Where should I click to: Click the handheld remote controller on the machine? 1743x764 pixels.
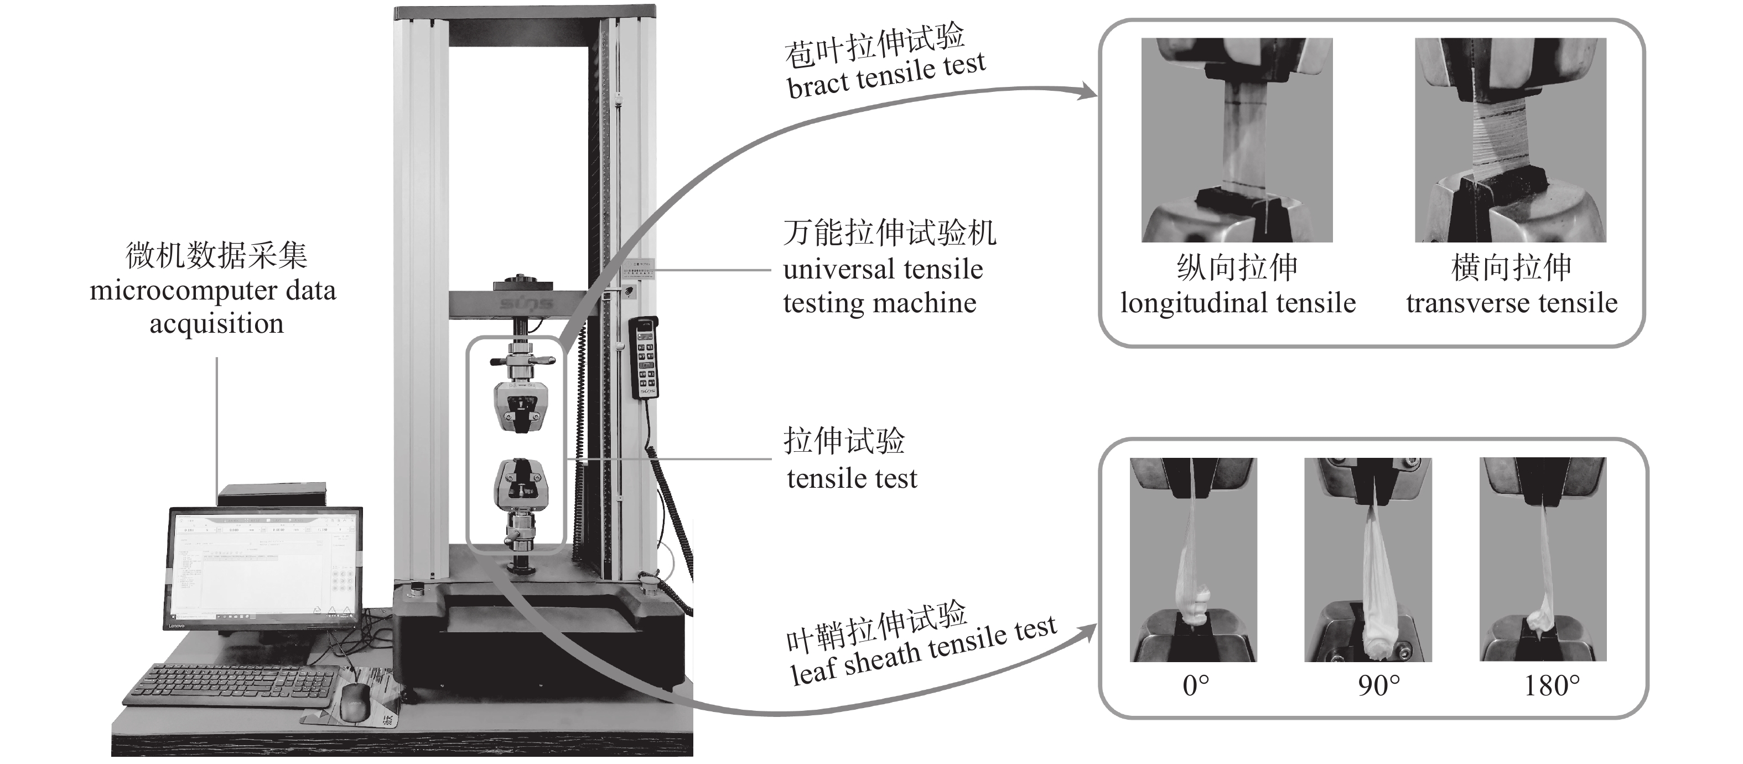[643, 359]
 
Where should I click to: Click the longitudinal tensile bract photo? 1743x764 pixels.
[1236, 140]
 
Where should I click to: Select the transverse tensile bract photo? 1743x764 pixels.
[1509, 140]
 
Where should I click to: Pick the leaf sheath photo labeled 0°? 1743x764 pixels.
[1193, 559]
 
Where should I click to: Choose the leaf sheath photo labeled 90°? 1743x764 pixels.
[1367, 559]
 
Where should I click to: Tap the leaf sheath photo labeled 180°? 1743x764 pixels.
[1542, 559]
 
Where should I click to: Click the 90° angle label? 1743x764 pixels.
[1378, 686]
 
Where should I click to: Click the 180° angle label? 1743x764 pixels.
[1552, 686]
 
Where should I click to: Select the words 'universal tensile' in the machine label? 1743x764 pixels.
[883, 269]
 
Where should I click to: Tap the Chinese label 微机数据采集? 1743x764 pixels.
[216, 256]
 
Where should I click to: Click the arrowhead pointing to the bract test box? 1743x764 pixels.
[1088, 91]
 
